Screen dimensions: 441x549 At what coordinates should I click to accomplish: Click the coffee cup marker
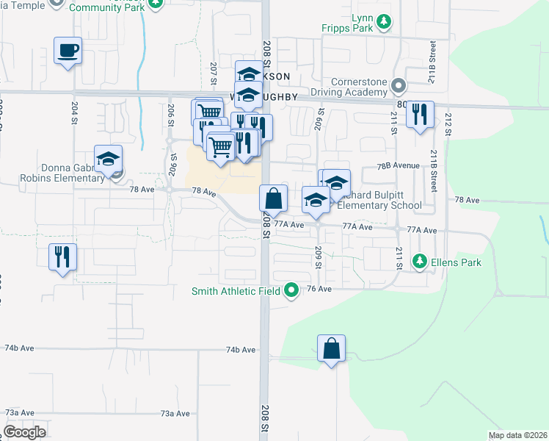tap(68, 51)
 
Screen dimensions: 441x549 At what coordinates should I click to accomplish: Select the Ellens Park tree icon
tap(420, 260)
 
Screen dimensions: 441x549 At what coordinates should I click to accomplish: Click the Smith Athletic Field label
tap(236, 291)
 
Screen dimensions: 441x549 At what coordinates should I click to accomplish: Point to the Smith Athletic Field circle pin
tap(291, 290)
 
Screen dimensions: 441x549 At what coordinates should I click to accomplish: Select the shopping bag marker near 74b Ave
tap(331, 348)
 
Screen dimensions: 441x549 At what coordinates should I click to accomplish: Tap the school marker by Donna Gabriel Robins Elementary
tap(108, 159)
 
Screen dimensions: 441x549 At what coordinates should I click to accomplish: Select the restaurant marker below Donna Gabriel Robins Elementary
tap(62, 257)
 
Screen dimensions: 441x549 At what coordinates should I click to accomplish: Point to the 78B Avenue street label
tap(397, 167)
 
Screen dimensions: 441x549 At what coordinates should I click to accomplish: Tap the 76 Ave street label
tap(320, 290)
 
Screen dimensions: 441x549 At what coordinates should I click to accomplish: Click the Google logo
tap(24, 432)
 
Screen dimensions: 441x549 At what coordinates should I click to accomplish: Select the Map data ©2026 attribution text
tap(517, 435)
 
